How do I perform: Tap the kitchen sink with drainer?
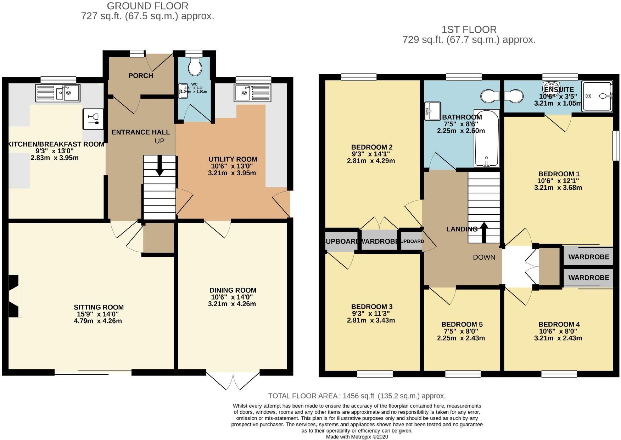pyautogui.click(x=58, y=93)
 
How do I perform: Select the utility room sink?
pyautogui.click(x=252, y=93)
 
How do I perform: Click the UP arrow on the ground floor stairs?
pyautogui.click(x=160, y=166)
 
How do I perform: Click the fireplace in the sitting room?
pyautogui.click(x=15, y=296)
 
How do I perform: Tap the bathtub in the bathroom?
pyautogui.click(x=487, y=138)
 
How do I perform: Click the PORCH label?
pyautogui.click(x=141, y=76)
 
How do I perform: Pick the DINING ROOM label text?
pyautogui.click(x=233, y=290)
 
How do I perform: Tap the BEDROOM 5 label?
pyautogui.click(x=461, y=324)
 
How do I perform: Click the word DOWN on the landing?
pyautogui.click(x=484, y=257)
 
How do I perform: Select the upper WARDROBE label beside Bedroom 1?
pyautogui.click(x=588, y=257)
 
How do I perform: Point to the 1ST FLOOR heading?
pyautogui.click(x=469, y=30)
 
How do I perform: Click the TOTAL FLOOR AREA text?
pyautogui.click(x=357, y=396)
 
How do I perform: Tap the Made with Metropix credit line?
pyautogui.click(x=357, y=437)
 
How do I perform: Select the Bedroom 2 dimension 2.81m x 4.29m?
pyautogui.click(x=371, y=161)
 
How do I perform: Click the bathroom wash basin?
pyautogui.click(x=432, y=110)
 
